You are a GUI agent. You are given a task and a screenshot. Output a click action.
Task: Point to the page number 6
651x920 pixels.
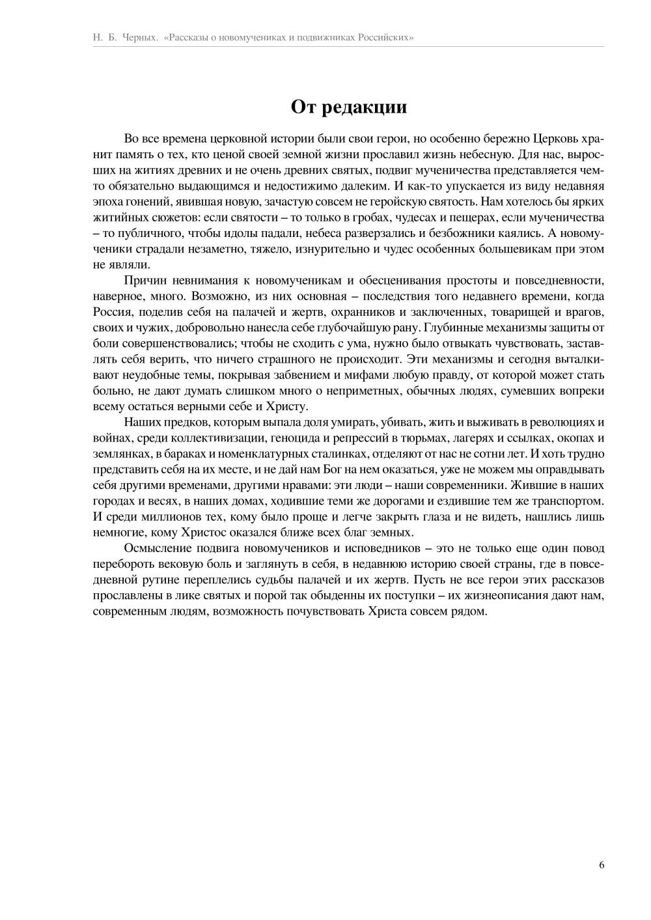pyautogui.click(x=602, y=865)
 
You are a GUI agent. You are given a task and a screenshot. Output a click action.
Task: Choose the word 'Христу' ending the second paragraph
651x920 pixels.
pyautogui.click(x=285, y=406)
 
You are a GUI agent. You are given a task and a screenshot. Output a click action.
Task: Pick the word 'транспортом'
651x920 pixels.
pyautogui.click(x=569, y=501)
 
